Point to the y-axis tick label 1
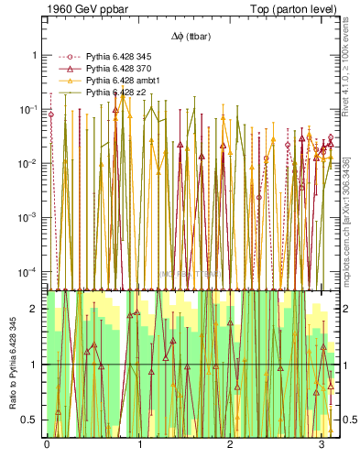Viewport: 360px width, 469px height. pyautogui.click(x=36, y=55)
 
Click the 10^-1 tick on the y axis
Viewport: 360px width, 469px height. pyautogui.click(x=31, y=109)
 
